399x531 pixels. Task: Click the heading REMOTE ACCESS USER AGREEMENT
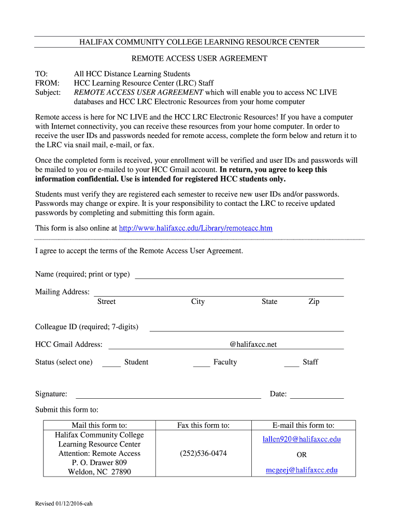click(x=199, y=59)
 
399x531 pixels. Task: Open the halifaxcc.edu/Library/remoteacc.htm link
click(x=195, y=228)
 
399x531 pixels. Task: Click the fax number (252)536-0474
click(x=203, y=454)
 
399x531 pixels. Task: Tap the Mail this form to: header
click(x=99, y=426)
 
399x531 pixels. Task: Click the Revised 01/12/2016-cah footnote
click(x=64, y=504)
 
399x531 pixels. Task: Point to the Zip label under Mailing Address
click(x=313, y=302)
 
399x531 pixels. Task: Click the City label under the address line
click(x=197, y=302)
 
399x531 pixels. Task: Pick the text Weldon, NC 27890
click(x=99, y=472)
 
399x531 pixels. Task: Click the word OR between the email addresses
click(x=302, y=455)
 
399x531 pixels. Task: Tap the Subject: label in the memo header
click(x=48, y=93)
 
